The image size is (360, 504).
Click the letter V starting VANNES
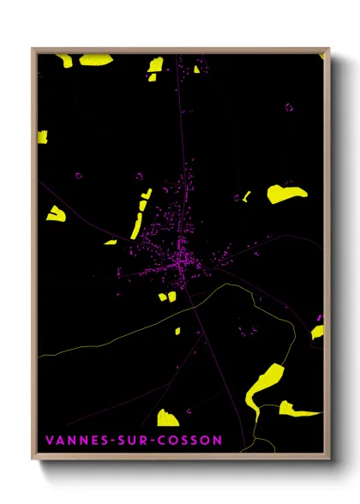pyautogui.click(x=48, y=441)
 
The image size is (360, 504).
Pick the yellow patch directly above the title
pyautogui.click(x=167, y=417)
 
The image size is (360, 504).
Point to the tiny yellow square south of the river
pyautogui.click(x=178, y=330)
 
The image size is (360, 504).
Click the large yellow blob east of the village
pyautogui.click(x=285, y=194)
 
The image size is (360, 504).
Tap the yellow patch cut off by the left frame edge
pyautogui.click(x=42, y=136)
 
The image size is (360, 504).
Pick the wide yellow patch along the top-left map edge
pyautogui.click(x=95, y=59)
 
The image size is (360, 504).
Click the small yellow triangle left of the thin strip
pyautogui.click(x=56, y=213)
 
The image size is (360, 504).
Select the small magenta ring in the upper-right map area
pyautogui.click(x=289, y=107)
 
